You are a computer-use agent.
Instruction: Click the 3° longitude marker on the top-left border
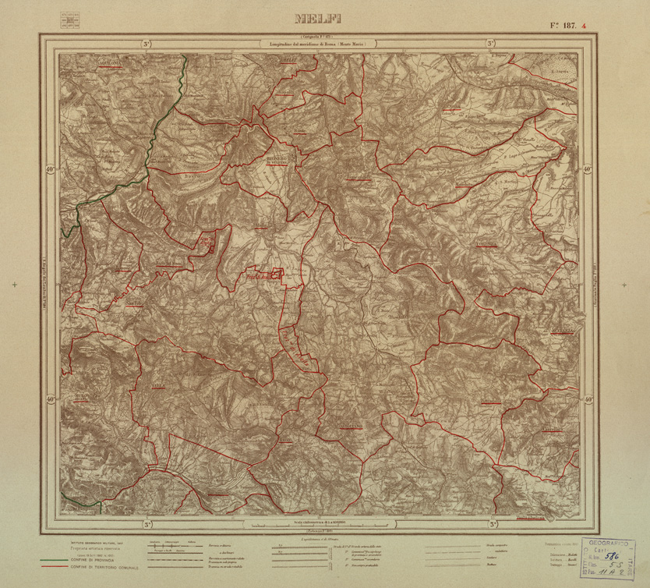(147, 45)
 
